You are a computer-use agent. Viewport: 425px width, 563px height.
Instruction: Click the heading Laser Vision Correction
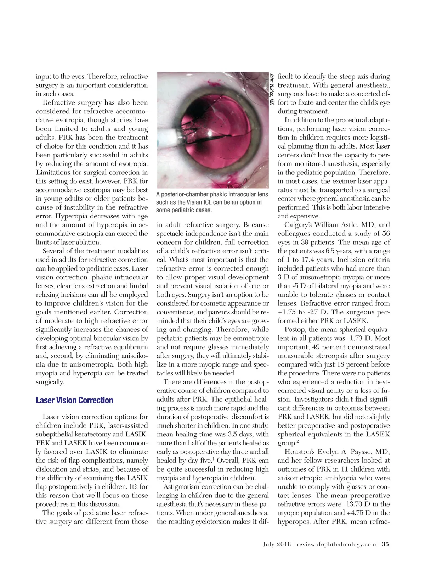click(74, 401)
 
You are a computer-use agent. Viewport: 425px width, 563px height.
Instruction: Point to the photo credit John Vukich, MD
click(271, 89)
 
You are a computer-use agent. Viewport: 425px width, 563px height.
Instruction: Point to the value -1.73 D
click(350, 338)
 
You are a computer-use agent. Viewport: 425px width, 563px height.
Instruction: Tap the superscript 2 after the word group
click(297, 442)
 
